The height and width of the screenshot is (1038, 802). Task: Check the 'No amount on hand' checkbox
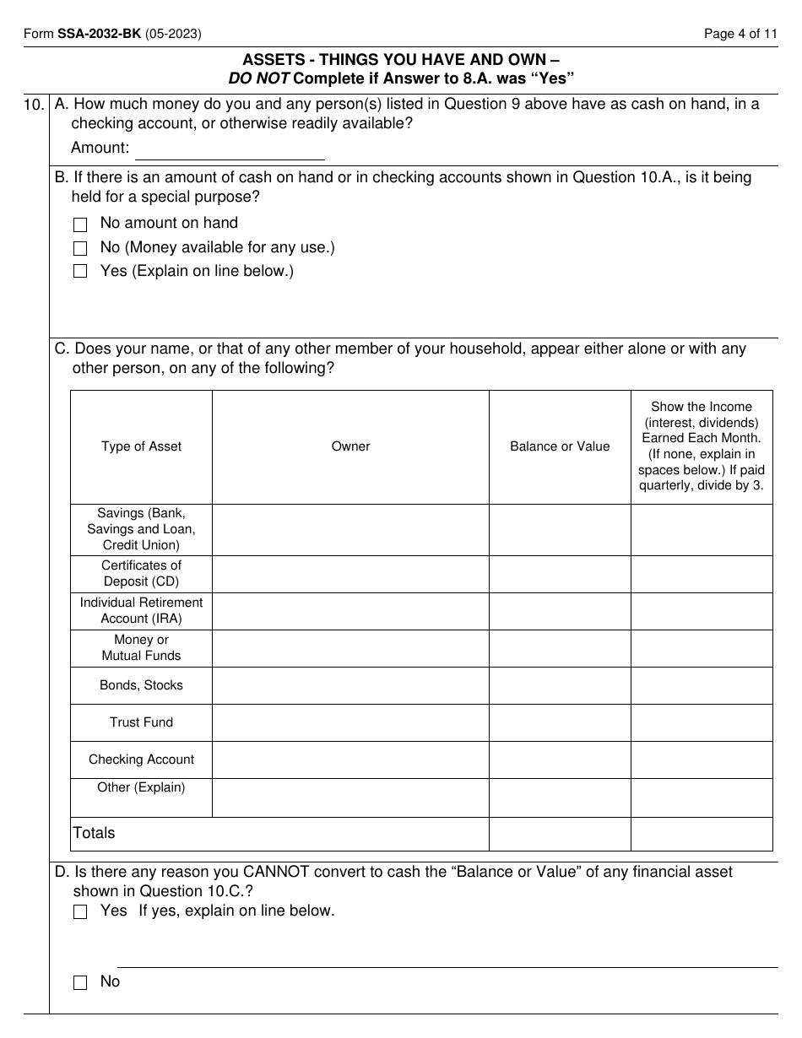coord(80,224)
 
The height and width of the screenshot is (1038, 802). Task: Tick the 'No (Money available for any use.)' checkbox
coord(80,248)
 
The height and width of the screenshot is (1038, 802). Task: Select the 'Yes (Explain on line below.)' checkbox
coord(80,272)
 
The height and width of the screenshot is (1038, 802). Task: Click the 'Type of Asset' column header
coord(141,446)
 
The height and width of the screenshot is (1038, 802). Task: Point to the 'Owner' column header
coord(350,446)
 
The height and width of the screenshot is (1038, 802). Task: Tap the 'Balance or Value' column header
coord(560,446)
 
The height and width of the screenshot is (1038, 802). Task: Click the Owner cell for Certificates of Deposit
coord(350,574)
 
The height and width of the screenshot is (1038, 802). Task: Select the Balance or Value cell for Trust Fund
coord(560,722)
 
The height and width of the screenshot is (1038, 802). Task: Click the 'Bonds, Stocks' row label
coord(141,685)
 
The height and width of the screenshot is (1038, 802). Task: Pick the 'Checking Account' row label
coord(141,760)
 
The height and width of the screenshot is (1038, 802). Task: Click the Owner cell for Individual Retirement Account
coord(350,611)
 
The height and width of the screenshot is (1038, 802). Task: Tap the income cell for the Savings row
coord(702,530)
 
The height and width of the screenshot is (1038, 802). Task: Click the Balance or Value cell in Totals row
coord(560,834)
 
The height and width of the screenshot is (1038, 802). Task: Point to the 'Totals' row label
coord(94,833)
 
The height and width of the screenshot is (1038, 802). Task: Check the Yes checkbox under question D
coord(80,911)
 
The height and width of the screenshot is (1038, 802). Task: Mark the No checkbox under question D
coord(80,982)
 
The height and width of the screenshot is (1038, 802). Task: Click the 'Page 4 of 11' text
coord(740,35)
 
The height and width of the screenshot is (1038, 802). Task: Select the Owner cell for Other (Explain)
coord(350,797)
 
